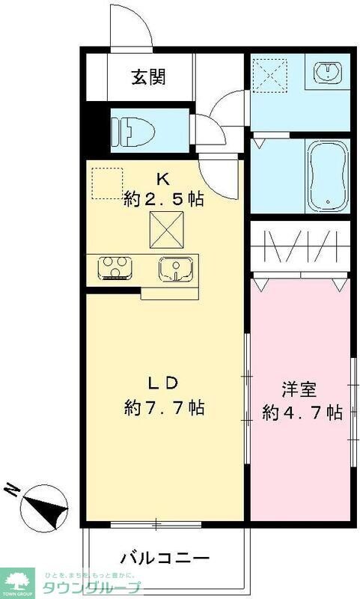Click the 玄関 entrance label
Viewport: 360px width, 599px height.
(x=150, y=76)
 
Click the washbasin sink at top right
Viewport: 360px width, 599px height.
(x=329, y=73)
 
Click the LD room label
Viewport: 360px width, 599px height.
(x=162, y=383)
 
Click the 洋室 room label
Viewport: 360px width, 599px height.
(x=299, y=389)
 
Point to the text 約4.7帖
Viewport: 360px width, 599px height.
(x=302, y=413)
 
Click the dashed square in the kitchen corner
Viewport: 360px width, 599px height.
(x=106, y=183)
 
